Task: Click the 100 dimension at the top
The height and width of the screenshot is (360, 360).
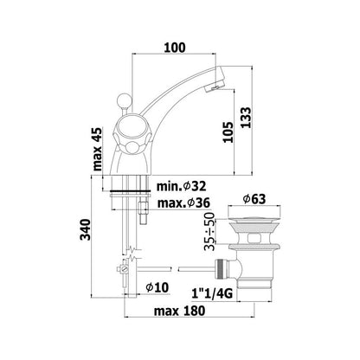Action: [x=175, y=48]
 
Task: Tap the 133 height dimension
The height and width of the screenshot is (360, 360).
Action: [x=246, y=118]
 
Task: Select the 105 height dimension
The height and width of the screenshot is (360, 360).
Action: [x=228, y=132]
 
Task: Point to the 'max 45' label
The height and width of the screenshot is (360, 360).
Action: [x=98, y=149]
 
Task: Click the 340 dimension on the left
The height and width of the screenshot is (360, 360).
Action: [x=86, y=229]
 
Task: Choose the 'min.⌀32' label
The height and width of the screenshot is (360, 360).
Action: [x=181, y=186]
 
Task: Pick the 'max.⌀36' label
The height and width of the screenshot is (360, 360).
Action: [x=183, y=203]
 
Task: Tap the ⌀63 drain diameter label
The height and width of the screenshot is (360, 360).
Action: [x=254, y=199]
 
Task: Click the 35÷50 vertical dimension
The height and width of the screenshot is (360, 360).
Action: [x=209, y=231]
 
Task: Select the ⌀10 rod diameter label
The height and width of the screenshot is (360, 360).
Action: [x=157, y=287]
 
